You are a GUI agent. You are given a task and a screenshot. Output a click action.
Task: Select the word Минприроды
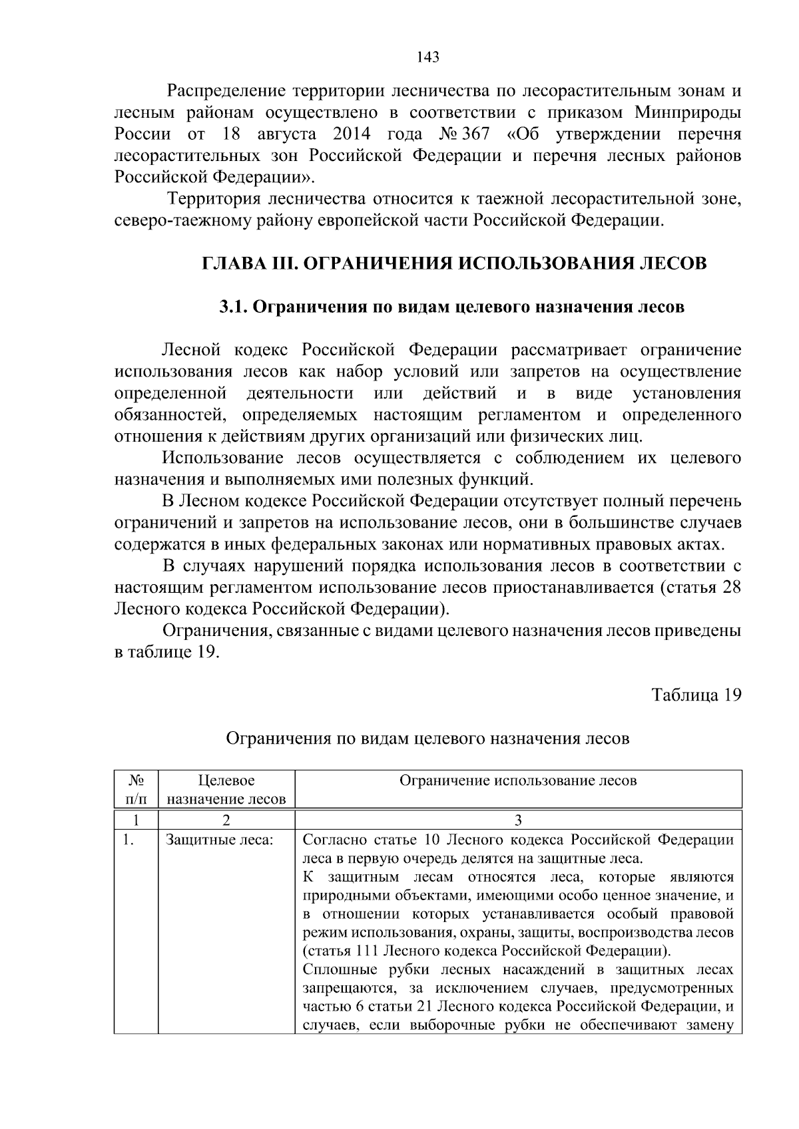688,112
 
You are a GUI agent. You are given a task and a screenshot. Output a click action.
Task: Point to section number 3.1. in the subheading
233,307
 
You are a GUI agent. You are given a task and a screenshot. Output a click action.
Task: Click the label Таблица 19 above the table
696,695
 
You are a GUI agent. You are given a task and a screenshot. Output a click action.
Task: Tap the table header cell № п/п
136,789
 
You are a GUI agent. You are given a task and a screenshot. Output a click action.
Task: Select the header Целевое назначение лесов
226,789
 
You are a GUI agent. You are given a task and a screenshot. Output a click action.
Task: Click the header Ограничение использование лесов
517,780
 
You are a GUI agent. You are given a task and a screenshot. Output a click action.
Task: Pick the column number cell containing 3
518,819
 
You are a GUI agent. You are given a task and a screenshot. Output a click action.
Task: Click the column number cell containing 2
226,819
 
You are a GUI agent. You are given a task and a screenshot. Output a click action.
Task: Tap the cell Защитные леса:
220,840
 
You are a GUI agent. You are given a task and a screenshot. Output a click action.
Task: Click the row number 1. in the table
128,840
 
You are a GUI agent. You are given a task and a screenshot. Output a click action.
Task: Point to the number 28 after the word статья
731,588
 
